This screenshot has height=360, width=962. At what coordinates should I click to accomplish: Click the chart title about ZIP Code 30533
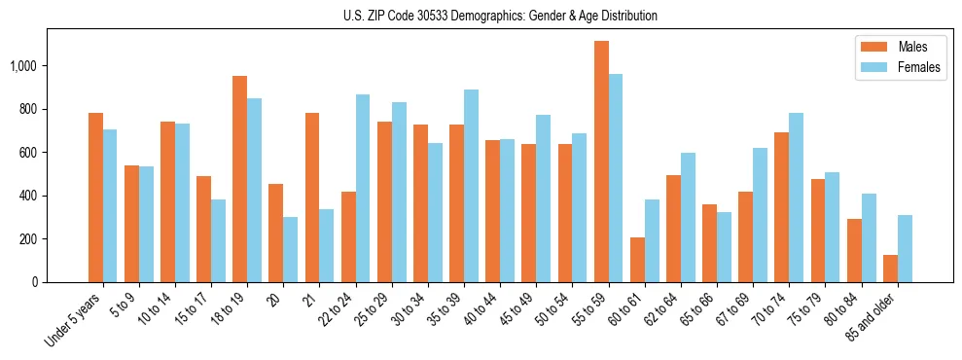[500, 16]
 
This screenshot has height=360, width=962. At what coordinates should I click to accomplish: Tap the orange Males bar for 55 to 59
[601, 162]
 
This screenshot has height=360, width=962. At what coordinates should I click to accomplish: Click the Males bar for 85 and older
[890, 269]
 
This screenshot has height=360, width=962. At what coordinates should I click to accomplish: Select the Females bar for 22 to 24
[363, 188]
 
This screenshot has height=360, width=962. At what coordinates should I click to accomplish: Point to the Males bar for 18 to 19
[239, 179]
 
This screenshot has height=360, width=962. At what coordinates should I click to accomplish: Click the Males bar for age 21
[312, 198]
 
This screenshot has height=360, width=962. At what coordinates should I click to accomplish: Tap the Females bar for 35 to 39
[471, 186]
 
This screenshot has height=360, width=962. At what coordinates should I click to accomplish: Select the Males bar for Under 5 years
[95, 198]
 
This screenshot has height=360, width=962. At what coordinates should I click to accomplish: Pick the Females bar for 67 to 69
[760, 215]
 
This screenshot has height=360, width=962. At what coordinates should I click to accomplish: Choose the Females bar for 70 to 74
[796, 198]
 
